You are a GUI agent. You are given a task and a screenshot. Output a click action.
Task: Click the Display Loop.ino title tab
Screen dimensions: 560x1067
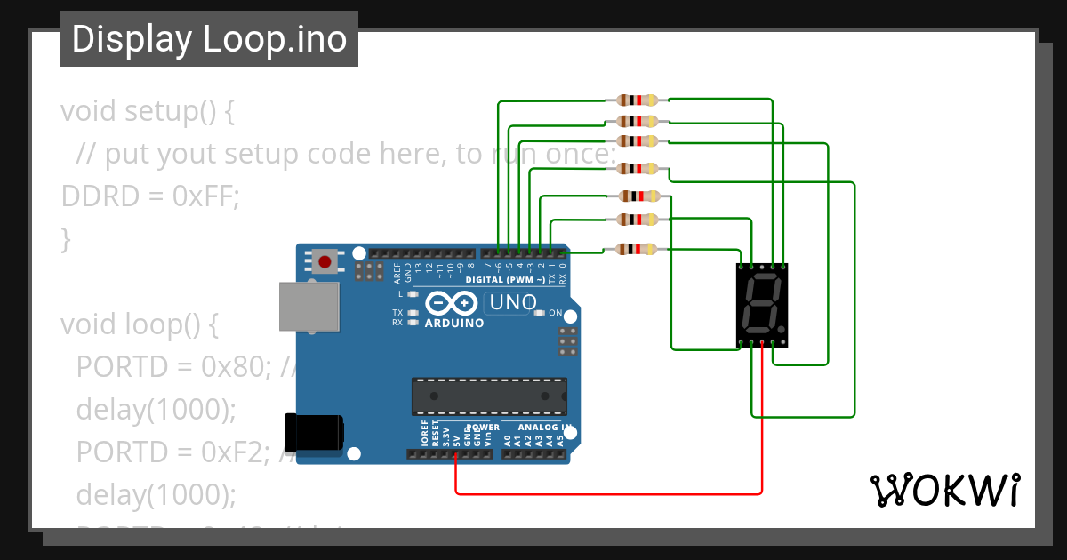coord(209,39)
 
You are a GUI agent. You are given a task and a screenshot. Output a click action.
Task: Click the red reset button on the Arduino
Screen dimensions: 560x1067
coord(325,262)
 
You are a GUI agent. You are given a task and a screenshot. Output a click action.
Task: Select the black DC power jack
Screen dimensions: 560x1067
coord(314,433)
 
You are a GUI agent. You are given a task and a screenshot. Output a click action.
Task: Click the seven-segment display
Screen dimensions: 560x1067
coord(763,305)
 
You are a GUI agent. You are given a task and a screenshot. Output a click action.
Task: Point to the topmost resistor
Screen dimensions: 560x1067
coord(637,100)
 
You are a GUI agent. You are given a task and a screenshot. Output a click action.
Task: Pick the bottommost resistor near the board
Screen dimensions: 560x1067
coord(637,250)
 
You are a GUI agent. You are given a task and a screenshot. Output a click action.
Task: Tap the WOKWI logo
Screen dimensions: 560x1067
coord(944,490)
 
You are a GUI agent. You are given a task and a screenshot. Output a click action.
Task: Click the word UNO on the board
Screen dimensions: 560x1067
coord(513,303)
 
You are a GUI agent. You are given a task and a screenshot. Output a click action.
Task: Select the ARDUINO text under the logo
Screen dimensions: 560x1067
coord(454,324)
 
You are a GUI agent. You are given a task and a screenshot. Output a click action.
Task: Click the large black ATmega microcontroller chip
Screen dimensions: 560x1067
coord(489,396)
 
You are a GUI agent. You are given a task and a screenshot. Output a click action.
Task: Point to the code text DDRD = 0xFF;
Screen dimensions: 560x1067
coord(149,196)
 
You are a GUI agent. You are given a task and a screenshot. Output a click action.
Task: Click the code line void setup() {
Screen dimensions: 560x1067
coord(148,112)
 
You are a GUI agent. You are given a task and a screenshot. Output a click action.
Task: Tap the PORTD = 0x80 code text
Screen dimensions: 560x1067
coord(177,366)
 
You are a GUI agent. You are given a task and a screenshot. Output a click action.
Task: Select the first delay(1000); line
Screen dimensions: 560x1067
coord(156,409)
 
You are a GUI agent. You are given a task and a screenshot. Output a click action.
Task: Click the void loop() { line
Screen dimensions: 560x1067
coord(139,324)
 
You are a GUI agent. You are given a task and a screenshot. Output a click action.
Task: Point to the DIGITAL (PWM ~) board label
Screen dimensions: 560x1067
coord(506,279)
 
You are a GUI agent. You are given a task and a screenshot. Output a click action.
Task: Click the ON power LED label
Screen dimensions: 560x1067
coord(555,313)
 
